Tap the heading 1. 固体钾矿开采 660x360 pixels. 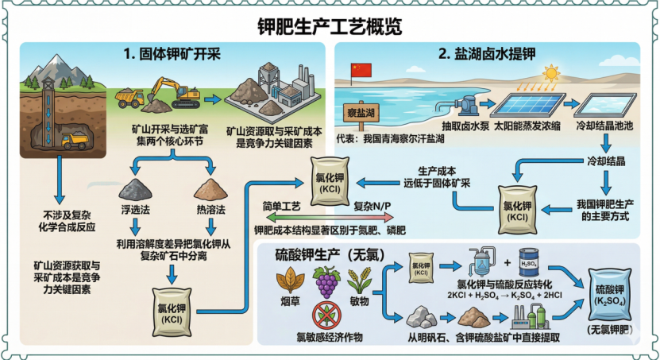169,55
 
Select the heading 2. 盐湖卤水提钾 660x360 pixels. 487,55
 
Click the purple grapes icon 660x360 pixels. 326,282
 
